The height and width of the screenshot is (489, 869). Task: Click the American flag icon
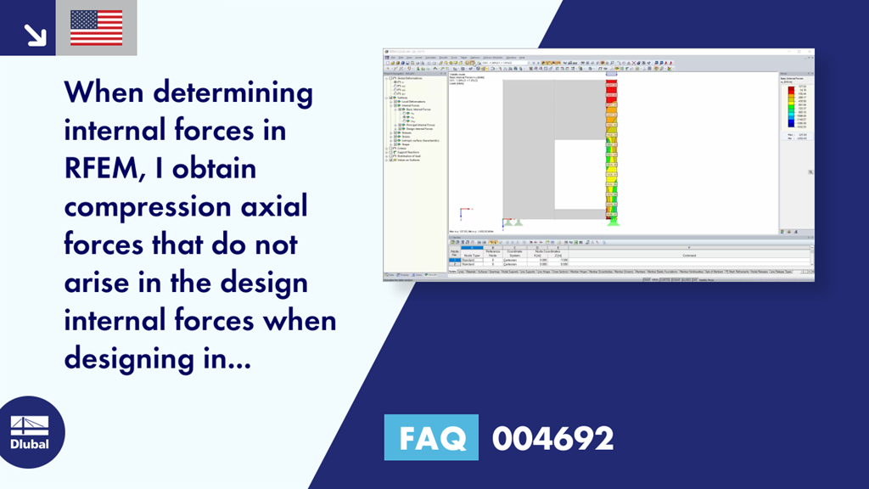(x=96, y=27)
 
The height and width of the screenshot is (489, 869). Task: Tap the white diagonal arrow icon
(x=35, y=33)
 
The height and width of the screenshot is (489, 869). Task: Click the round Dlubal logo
(x=29, y=433)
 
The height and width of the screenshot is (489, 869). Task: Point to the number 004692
(x=552, y=438)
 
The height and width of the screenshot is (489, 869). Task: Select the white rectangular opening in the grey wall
(x=580, y=174)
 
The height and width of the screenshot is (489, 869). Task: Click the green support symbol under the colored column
(x=612, y=222)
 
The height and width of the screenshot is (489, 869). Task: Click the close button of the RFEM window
(x=810, y=52)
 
